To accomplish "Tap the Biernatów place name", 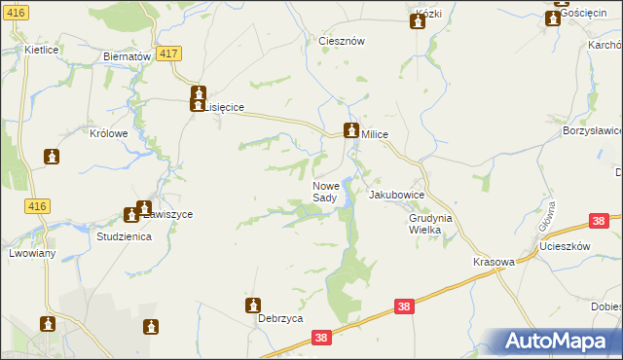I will click(127, 56).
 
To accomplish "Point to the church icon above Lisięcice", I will click(198, 94).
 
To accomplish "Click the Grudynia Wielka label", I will click(430, 224).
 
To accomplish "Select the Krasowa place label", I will click(493, 263).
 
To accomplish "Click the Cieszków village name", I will click(342, 42).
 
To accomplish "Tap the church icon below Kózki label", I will click(418, 21).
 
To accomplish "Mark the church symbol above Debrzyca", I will click(253, 306).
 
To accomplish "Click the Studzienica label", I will click(124, 236).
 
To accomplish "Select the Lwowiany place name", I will click(32, 253).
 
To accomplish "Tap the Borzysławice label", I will click(593, 129).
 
